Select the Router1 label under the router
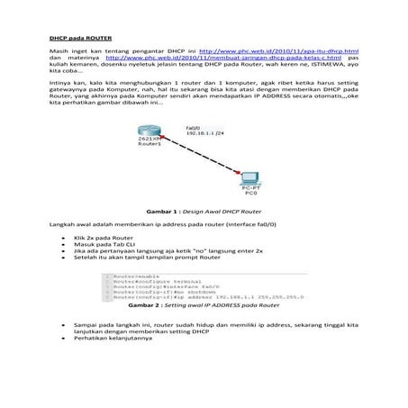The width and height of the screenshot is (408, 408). pos(150,152)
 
